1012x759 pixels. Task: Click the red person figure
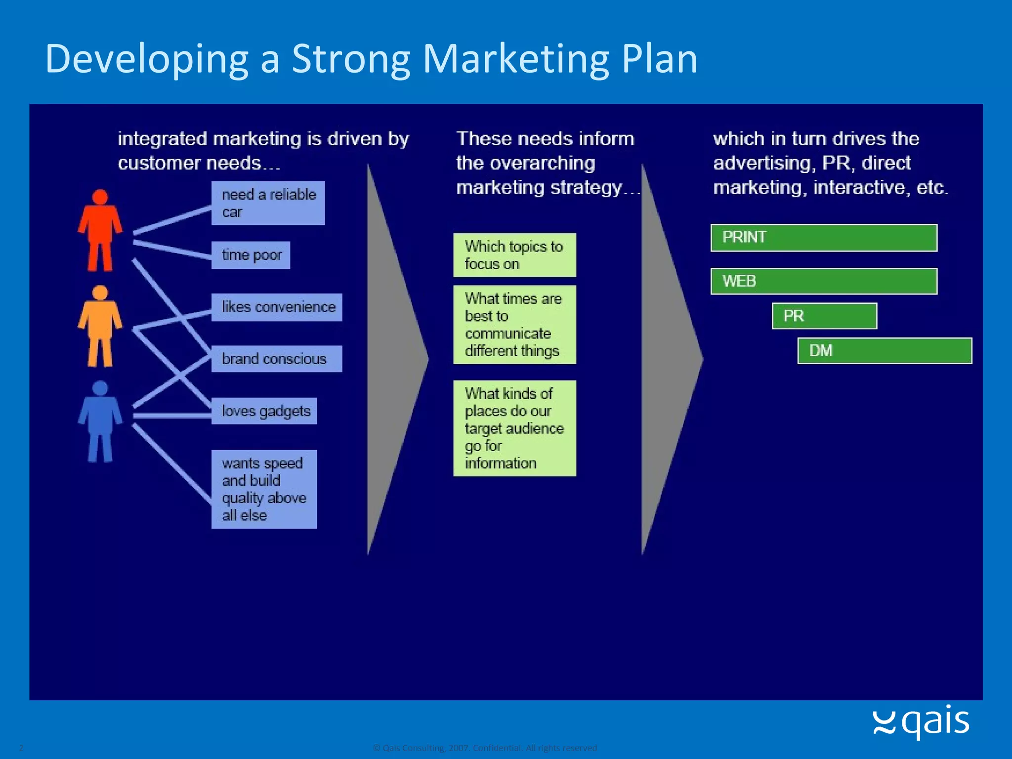click(x=100, y=230)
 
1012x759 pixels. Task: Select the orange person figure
click(x=100, y=326)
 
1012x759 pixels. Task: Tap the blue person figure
click(x=100, y=422)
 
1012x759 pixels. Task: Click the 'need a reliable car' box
click(x=268, y=203)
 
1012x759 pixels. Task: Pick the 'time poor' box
click(x=251, y=255)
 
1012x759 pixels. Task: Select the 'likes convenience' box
click(x=277, y=307)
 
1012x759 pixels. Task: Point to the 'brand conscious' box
click(x=277, y=359)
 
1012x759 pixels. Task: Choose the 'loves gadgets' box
click(x=264, y=411)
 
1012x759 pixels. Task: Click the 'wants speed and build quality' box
click(x=264, y=489)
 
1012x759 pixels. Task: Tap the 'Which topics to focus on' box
click(x=514, y=255)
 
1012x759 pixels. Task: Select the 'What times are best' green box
click(x=514, y=325)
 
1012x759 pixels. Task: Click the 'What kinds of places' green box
click(x=514, y=428)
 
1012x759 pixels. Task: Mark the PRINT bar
click(x=824, y=238)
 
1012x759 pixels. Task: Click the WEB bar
click(x=824, y=281)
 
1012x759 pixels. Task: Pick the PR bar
click(x=824, y=316)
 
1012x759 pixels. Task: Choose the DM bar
click(x=885, y=351)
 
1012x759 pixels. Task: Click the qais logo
click(x=921, y=722)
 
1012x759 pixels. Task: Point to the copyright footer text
click(x=485, y=748)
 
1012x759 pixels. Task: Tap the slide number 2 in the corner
click(x=21, y=748)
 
